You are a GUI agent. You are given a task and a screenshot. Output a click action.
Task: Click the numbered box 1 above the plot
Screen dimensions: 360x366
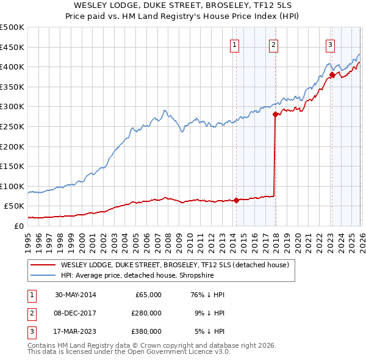235,44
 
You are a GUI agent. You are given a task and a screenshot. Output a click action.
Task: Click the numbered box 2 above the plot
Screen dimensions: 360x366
273,44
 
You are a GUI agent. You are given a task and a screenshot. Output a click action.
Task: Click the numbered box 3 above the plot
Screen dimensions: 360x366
330,44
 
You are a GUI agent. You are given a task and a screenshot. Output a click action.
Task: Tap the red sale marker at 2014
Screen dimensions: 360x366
236,200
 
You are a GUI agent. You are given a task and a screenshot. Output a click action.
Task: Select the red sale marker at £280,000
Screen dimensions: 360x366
275,114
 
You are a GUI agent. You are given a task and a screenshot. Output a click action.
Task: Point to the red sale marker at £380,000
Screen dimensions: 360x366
332,75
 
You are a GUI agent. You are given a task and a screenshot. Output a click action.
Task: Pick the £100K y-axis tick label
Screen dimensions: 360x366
12,186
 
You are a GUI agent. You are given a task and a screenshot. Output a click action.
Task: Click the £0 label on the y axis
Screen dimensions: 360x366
18,226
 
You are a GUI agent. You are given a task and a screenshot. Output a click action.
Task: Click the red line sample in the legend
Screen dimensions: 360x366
43,265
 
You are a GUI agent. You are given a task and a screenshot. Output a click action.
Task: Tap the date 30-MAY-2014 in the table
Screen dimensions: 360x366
75,295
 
